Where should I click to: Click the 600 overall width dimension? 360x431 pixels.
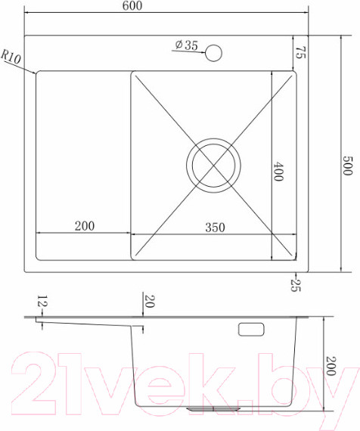(x=132, y=6)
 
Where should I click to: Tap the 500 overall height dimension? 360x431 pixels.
(x=347, y=166)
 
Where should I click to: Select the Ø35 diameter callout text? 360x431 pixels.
(x=187, y=45)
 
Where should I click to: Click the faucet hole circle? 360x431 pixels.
(x=214, y=53)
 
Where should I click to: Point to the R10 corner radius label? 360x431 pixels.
(x=11, y=57)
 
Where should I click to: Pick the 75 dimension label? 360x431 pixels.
(x=300, y=52)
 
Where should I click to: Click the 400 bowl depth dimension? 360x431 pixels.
(x=278, y=172)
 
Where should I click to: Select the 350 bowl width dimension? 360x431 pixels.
(x=215, y=228)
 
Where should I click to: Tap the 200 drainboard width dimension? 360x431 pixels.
(x=85, y=226)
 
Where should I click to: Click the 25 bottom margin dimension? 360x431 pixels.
(x=296, y=285)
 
